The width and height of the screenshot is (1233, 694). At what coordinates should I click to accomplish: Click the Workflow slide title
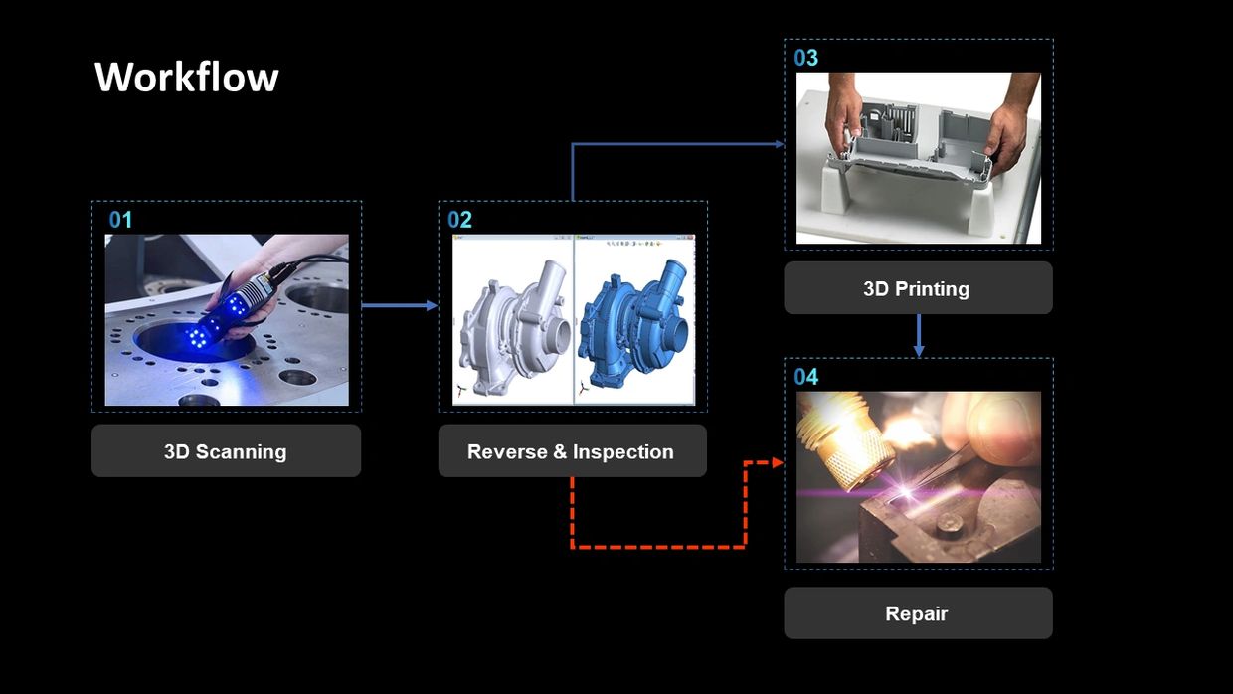pos(187,77)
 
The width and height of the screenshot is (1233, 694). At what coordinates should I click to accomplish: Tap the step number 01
pos(120,220)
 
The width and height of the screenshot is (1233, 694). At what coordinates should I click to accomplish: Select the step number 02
pos(459,220)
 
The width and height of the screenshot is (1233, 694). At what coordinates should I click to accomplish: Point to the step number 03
pos(805,58)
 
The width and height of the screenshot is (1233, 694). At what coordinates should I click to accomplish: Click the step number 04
pos(805,377)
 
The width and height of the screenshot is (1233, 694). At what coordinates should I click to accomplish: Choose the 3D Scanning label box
pos(227,450)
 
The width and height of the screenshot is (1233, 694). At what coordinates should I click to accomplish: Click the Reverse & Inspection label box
pos(573,450)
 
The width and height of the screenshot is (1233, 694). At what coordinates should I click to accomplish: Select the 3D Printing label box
pos(918,287)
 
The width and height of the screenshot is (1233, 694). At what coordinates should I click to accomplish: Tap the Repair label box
pos(918,613)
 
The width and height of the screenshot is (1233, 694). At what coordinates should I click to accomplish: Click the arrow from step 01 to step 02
pos(400,305)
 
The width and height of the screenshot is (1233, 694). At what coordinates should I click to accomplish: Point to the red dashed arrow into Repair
pos(659,547)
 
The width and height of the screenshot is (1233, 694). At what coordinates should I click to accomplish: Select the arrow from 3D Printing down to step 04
pos(918,335)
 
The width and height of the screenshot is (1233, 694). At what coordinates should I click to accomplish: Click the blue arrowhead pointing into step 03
pos(780,144)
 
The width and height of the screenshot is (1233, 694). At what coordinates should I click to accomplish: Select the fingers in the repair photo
pos(990,430)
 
